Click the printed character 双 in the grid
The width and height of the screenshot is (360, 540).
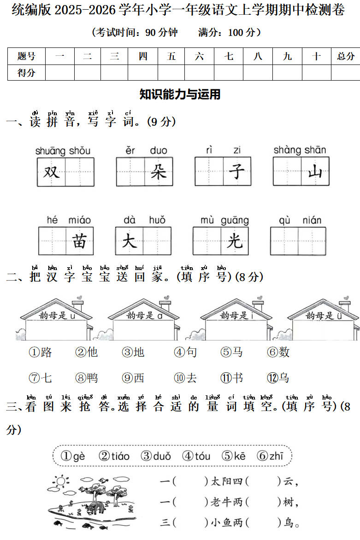point(51,172)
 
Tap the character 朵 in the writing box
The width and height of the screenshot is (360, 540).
point(159,171)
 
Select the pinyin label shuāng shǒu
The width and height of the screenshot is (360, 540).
point(63,151)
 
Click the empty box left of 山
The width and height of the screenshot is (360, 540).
point(287,171)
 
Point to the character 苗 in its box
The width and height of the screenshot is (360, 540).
point(79,241)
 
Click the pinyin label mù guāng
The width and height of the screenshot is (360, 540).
point(224,220)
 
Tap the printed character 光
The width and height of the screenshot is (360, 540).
point(235,241)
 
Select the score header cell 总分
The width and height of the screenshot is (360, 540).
point(346,56)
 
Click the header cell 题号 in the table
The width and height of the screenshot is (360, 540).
point(27,56)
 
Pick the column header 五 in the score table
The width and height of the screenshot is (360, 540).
point(171,56)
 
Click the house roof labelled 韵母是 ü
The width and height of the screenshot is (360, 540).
point(323,311)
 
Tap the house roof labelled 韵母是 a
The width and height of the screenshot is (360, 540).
point(144,311)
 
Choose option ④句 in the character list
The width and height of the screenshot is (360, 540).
point(185,352)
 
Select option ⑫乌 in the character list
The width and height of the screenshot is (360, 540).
point(278,378)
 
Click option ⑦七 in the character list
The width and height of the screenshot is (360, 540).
point(40,378)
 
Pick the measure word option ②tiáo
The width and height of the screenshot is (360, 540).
point(114,456)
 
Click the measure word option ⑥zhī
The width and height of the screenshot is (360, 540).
point(270,456)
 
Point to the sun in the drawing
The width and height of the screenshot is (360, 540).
point(61,481)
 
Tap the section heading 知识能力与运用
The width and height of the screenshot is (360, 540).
point(180,94)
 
